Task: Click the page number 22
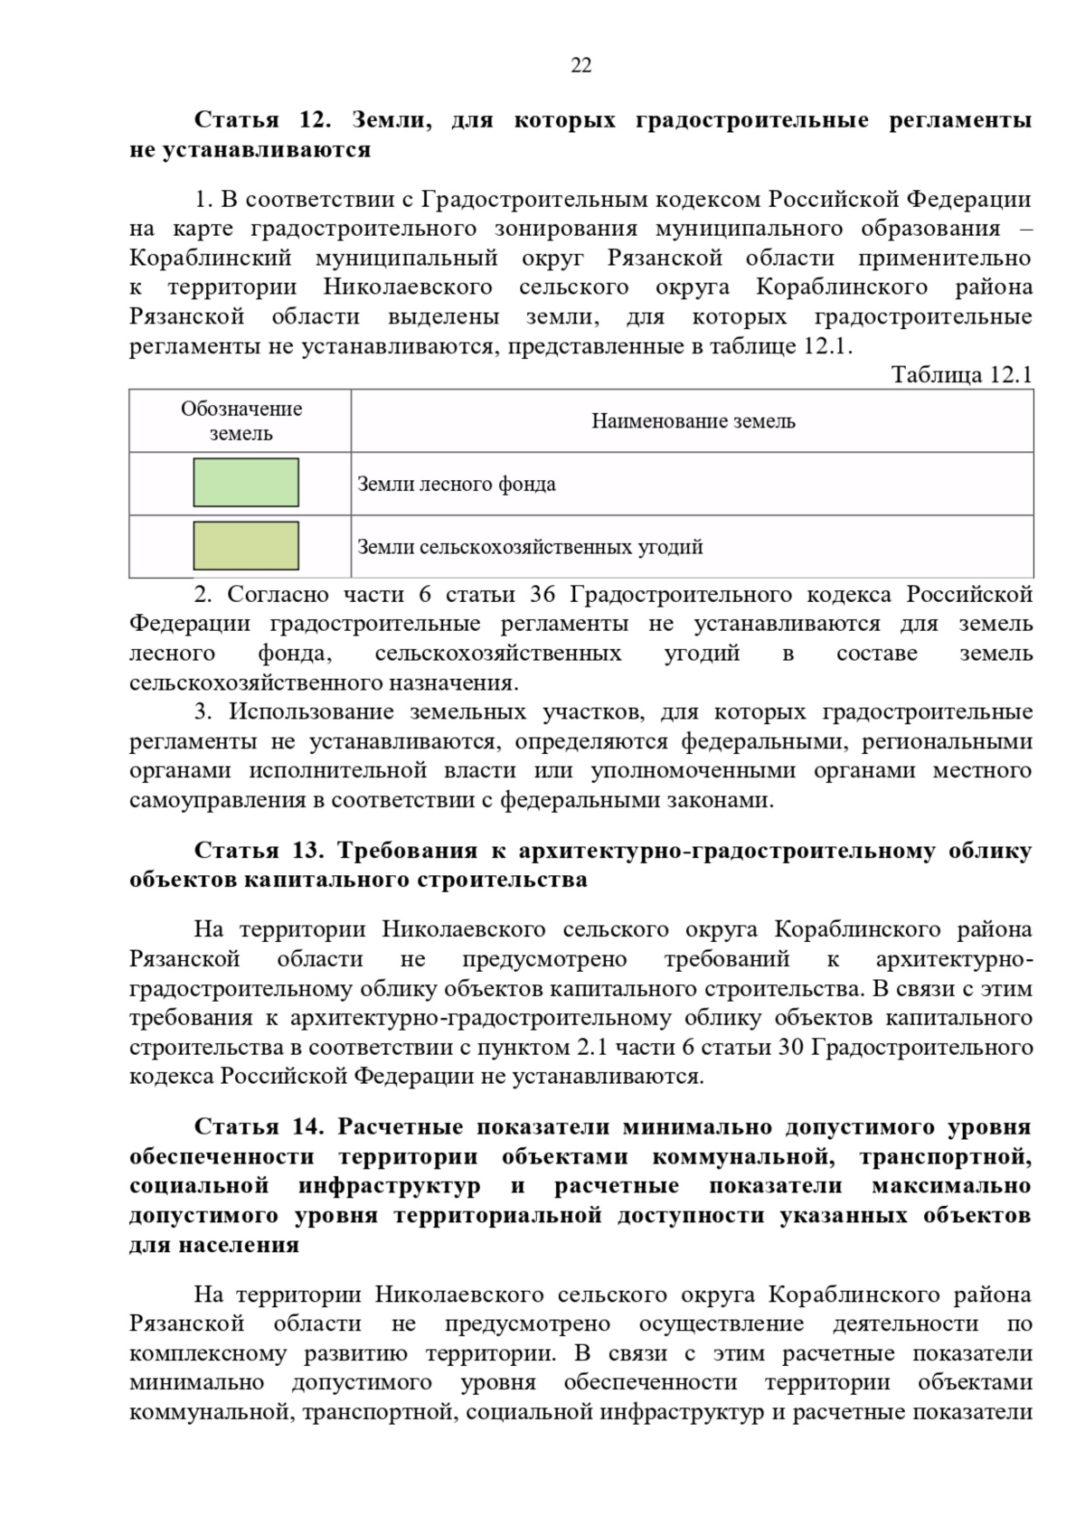point(580,65)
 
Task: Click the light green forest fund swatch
point(245,483)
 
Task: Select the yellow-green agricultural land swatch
point(245,545)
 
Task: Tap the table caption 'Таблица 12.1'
point(961,374)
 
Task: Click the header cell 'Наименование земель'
point(693,421)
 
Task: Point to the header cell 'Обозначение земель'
point(241,420)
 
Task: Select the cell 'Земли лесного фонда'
point(457,484)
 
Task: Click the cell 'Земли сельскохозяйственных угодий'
point(530,547)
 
